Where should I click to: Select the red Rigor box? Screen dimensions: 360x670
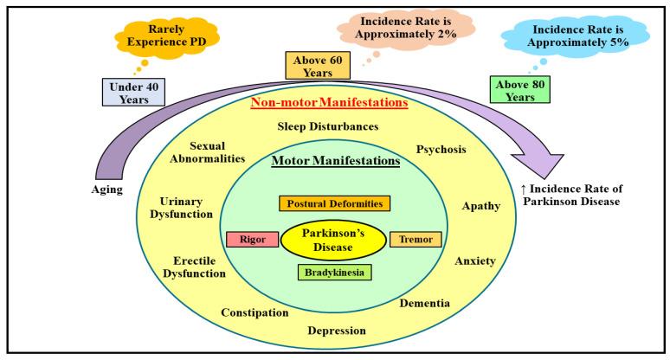click(x=245, y=240)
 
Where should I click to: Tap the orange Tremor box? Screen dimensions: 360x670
click(x=416, y=240)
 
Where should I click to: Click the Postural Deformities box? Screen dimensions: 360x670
click(x=335, y=203)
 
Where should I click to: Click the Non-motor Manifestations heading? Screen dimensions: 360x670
click(x=328, y=103)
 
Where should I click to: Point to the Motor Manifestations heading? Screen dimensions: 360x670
click(x=334, y=161)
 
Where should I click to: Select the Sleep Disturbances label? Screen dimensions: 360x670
click(x=327, y=126)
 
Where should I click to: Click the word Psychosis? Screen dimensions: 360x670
click(x=441, y=149)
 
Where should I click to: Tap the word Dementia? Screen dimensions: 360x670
click(x=424, y=303)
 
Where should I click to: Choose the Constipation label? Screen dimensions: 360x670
click(x=254, y=312)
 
